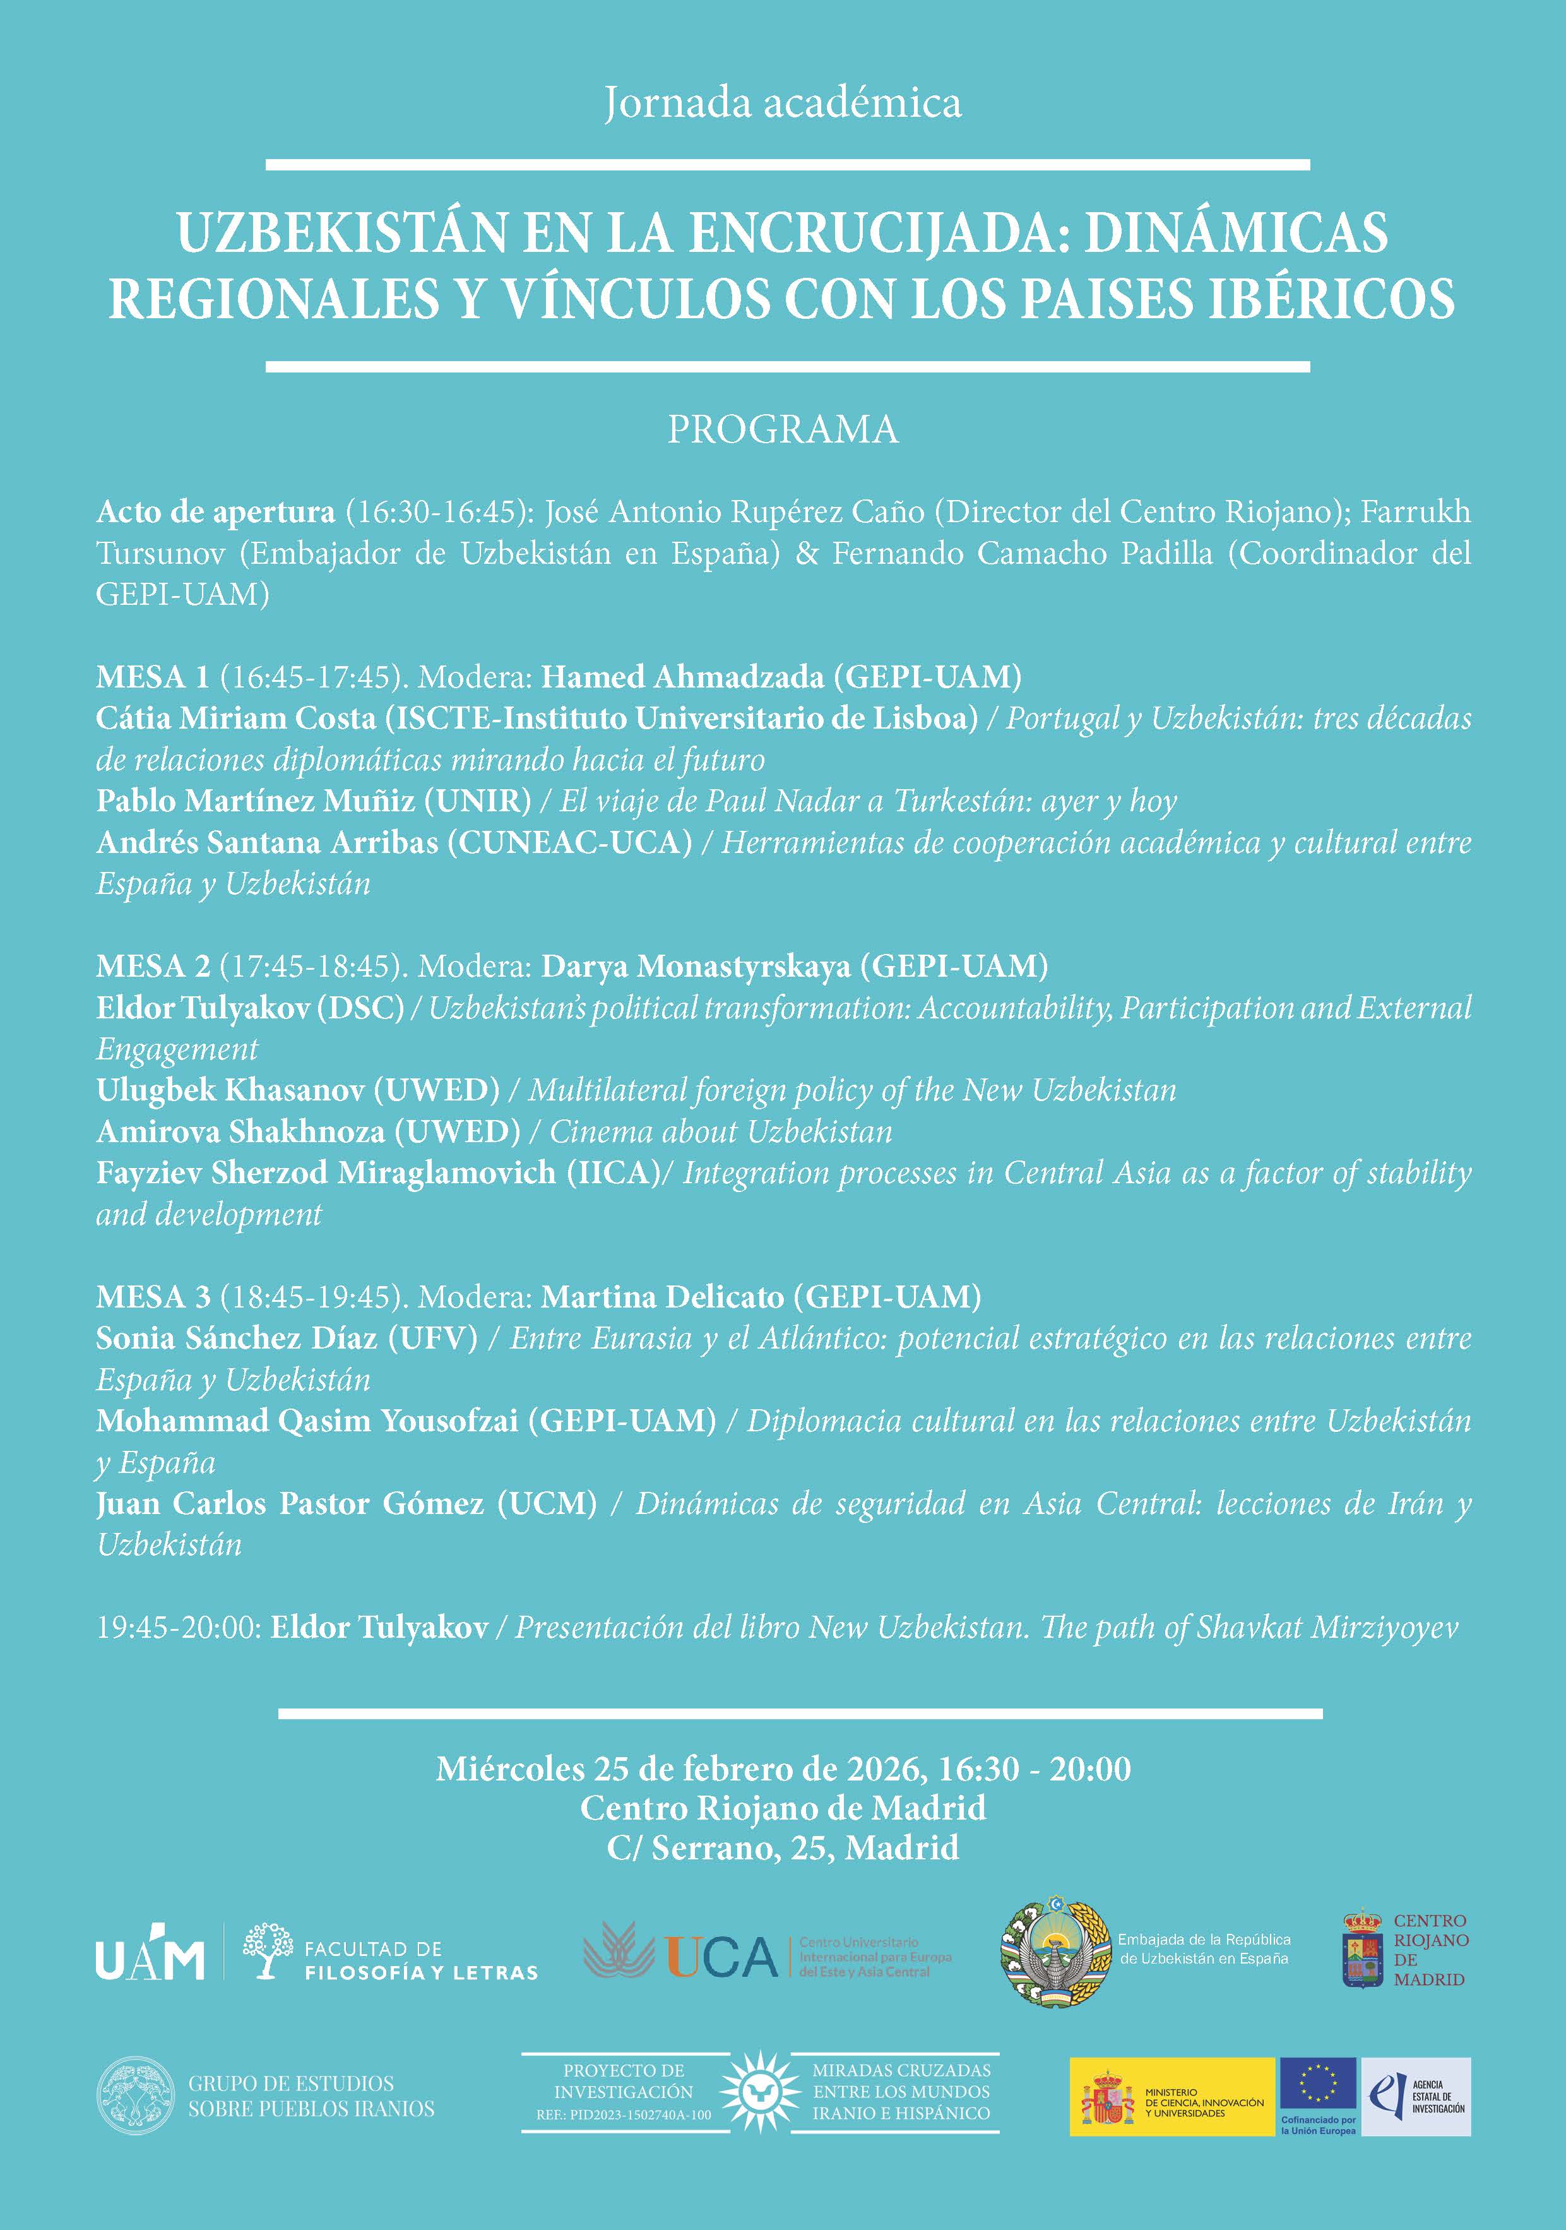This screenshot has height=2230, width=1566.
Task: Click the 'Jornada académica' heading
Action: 783,103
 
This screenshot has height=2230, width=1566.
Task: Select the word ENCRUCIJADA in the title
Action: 874,233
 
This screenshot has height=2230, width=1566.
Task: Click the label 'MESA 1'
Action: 152,676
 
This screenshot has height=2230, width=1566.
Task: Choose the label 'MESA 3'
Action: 152,1297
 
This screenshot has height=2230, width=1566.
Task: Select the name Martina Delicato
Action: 662,1297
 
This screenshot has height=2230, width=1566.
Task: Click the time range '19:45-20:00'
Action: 179,1628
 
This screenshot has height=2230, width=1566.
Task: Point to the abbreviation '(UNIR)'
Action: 478,801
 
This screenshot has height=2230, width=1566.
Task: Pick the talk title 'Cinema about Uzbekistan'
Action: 720,1131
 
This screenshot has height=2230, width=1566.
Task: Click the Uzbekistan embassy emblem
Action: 1055,1950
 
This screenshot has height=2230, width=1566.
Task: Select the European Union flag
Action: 1317,2086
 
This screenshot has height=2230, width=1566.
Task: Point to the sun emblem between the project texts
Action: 760,2091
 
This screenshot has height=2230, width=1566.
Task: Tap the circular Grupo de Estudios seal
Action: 136,2095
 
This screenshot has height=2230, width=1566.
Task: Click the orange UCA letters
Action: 722,1956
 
